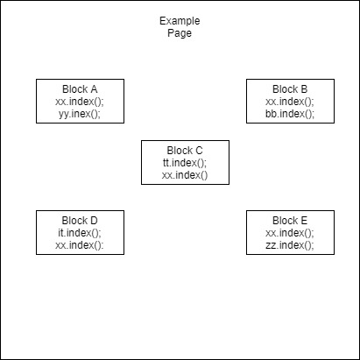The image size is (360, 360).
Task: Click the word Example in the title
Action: [180, 21]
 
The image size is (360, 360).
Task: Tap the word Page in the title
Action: [180, 33]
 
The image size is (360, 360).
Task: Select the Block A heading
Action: [80, 89]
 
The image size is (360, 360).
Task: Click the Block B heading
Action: [290, 89]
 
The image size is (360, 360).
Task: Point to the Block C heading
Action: [185, 151]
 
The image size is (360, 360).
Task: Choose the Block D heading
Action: [80, 221]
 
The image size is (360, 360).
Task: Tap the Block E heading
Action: [290, 221]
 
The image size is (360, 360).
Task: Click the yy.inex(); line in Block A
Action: [80, 114]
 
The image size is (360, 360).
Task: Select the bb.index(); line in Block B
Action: [290, 114]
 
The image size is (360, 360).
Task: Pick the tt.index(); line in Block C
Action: [185, 163]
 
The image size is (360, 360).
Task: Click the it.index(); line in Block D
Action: [80, 233]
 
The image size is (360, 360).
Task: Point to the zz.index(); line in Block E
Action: [290, 245]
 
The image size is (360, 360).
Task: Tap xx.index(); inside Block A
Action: [80, 102]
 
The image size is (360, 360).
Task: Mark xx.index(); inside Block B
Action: [290, 102]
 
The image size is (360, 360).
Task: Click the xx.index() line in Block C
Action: [185, 175]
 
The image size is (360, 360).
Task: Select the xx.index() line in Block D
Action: [80, 245]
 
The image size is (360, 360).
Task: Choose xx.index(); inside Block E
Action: [290, 233]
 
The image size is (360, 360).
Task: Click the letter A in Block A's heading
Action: [94, 89]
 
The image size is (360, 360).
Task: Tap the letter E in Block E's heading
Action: [304, 221]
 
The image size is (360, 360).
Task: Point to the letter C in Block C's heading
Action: [199, 151]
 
